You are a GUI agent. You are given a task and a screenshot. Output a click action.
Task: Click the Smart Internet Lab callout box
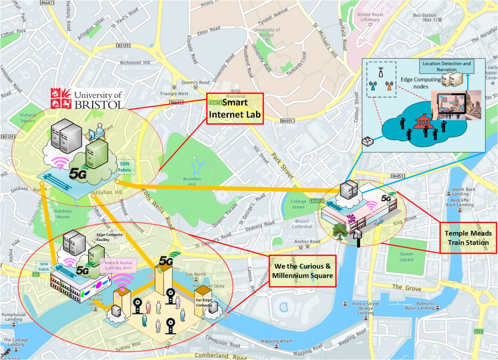tap(235, 109)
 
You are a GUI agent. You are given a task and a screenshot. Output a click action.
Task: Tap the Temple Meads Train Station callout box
tap(468, 238)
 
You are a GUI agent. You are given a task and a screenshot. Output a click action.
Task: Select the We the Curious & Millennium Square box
tap(302, 271)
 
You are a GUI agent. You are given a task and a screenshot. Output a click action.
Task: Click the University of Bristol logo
tap(87, 99)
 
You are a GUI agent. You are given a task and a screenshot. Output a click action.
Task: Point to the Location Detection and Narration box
tap(446, 66)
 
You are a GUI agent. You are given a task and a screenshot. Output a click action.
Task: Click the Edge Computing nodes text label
tap(421, 83)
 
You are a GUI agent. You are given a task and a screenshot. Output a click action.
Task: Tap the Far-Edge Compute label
tap(204, 303)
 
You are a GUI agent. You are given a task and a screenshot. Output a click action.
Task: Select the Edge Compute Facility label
tap(109, 237)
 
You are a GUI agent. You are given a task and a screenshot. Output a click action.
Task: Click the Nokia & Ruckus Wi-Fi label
tap(119, 265)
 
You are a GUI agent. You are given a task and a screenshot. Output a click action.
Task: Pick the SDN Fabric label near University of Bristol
tap(124, 167)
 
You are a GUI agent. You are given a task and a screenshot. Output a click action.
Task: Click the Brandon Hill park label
tap(192, 181)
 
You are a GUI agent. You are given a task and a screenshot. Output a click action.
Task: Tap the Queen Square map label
tap(406, 257)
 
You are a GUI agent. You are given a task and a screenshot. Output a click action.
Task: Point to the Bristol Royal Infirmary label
tap(370, 17)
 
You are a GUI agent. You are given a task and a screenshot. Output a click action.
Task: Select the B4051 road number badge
tap(287, 121)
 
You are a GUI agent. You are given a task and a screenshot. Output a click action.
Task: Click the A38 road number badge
tap(478, 331)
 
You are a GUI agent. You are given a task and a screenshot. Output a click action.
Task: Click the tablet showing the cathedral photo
tap(451, 104)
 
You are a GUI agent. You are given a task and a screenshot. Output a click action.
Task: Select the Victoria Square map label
tap(28, 118)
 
